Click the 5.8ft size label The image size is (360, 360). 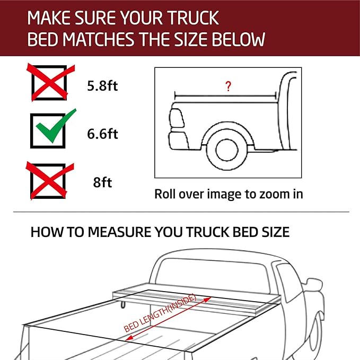pyautogui.click(x=102, y=86)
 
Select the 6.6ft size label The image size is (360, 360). pyautogui.click(x=102, y=134)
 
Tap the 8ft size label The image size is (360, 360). pyautogui.click(x=102, y=183)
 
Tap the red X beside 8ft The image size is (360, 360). pyautogui.click(x=49, y=181)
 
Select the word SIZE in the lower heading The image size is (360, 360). pyautogui.click(x=271, y=232)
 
